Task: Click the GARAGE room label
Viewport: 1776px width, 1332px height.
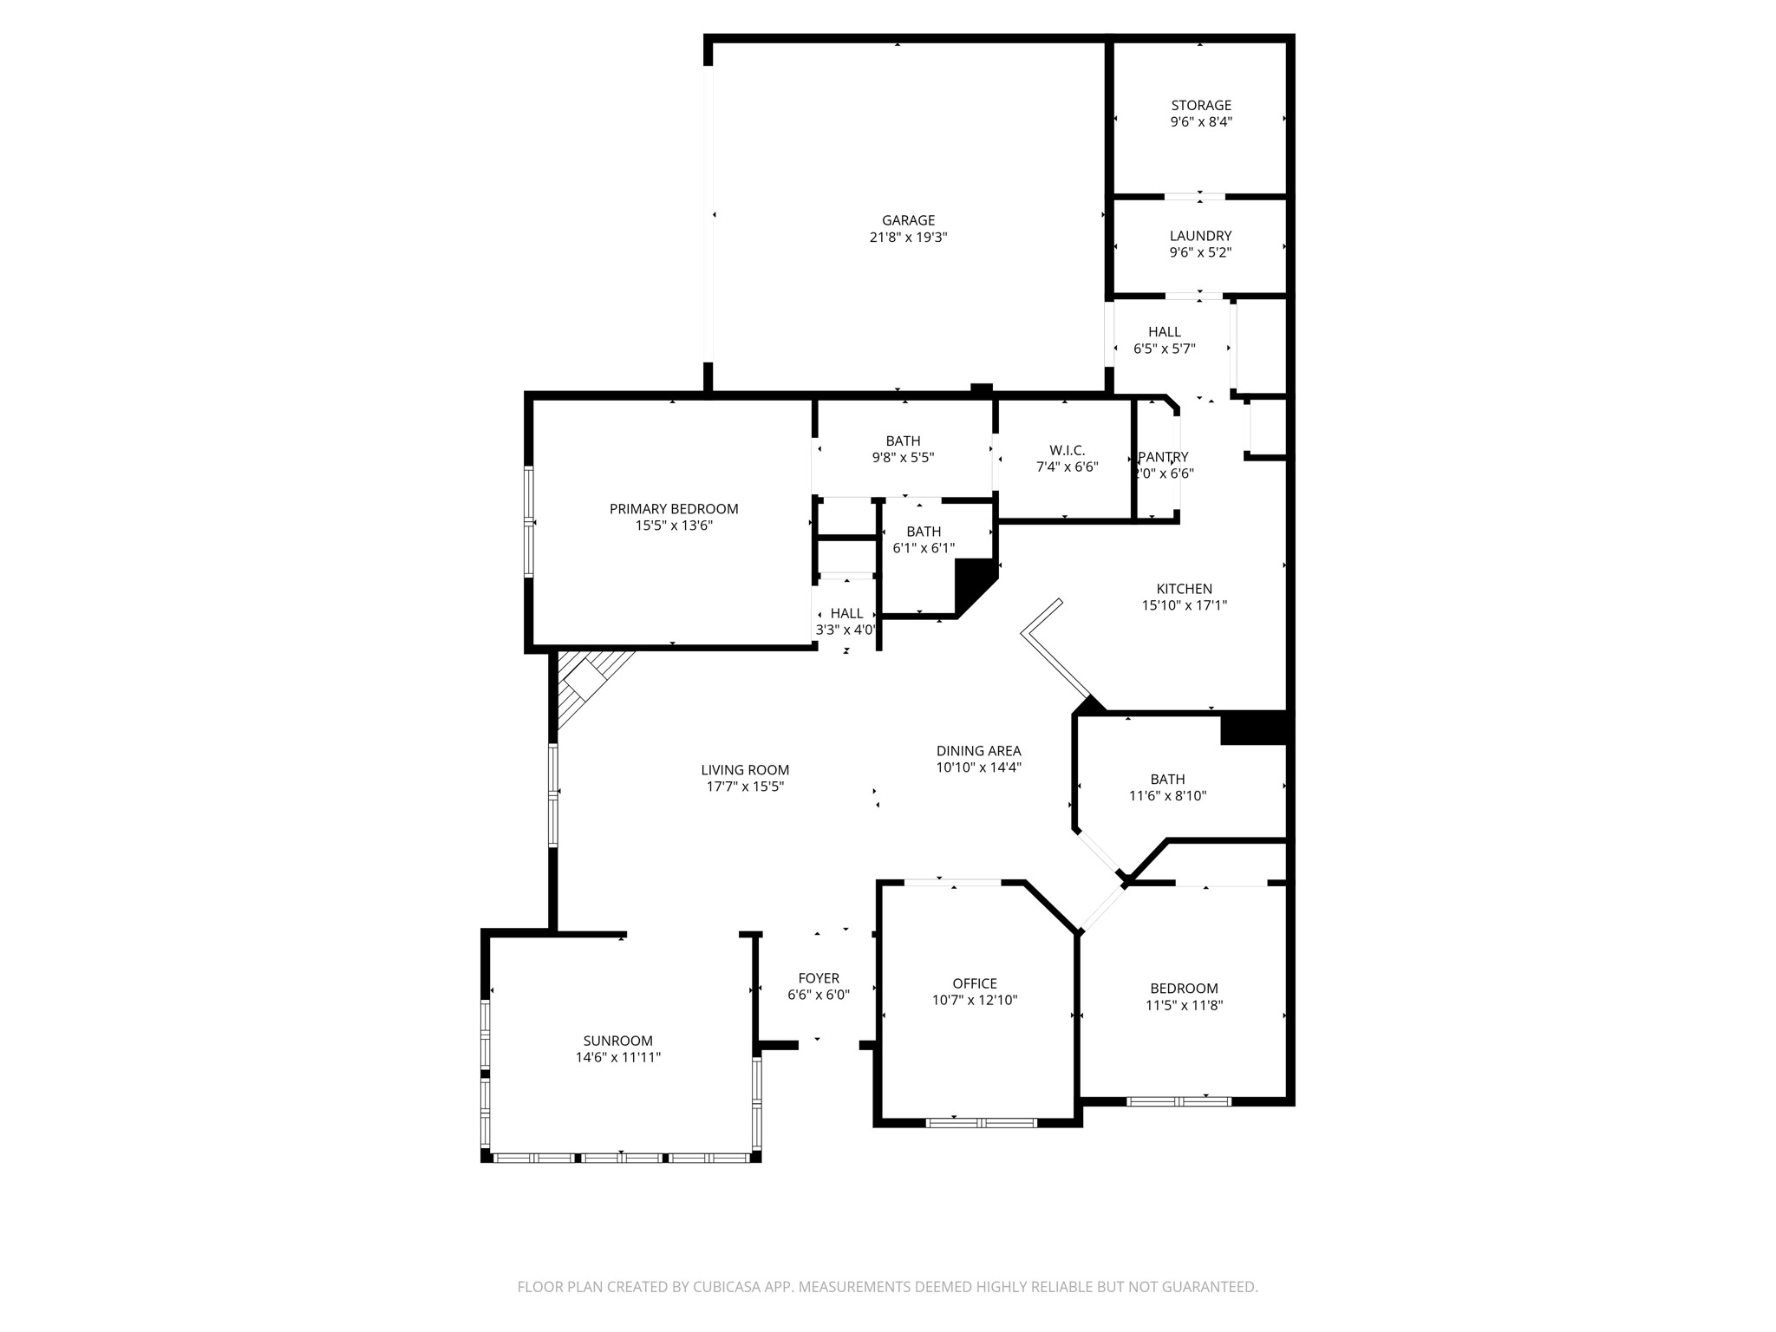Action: click(x=908, y=220)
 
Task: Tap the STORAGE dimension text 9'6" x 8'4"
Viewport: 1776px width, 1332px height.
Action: click(x=1201, y=122)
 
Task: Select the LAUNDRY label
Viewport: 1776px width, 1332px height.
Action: click(x=1200, y=236)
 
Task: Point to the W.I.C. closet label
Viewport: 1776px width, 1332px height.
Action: click(x=1067, y=450)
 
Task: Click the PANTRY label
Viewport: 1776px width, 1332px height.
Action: click(x=1164, y=457)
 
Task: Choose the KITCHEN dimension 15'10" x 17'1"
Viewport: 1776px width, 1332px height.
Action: click(x=1184, y=605)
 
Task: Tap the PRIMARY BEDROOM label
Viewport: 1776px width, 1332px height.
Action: click(x=674, y=509)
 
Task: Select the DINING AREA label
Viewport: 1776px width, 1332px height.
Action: click(x=978, y=751)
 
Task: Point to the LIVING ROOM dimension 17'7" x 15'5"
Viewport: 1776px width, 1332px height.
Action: click(x=745, y=787)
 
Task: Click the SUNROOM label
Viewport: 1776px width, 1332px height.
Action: click(x=617, y=1041)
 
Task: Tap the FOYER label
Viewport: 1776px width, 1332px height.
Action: click(x=819, y=978)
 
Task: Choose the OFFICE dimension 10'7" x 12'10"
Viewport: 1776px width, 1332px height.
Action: click(x=975, y=1000)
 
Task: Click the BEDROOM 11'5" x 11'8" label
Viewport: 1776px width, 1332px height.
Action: click(x=1184, y=989)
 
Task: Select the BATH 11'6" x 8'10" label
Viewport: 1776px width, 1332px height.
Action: click(x=1167, y=780)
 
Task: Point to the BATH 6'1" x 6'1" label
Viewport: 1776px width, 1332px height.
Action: click(x=924, y=532)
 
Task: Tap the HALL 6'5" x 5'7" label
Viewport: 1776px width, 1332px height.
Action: click(x=1165, y=332)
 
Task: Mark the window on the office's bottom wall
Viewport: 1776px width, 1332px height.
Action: click(x=981, y=1123)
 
